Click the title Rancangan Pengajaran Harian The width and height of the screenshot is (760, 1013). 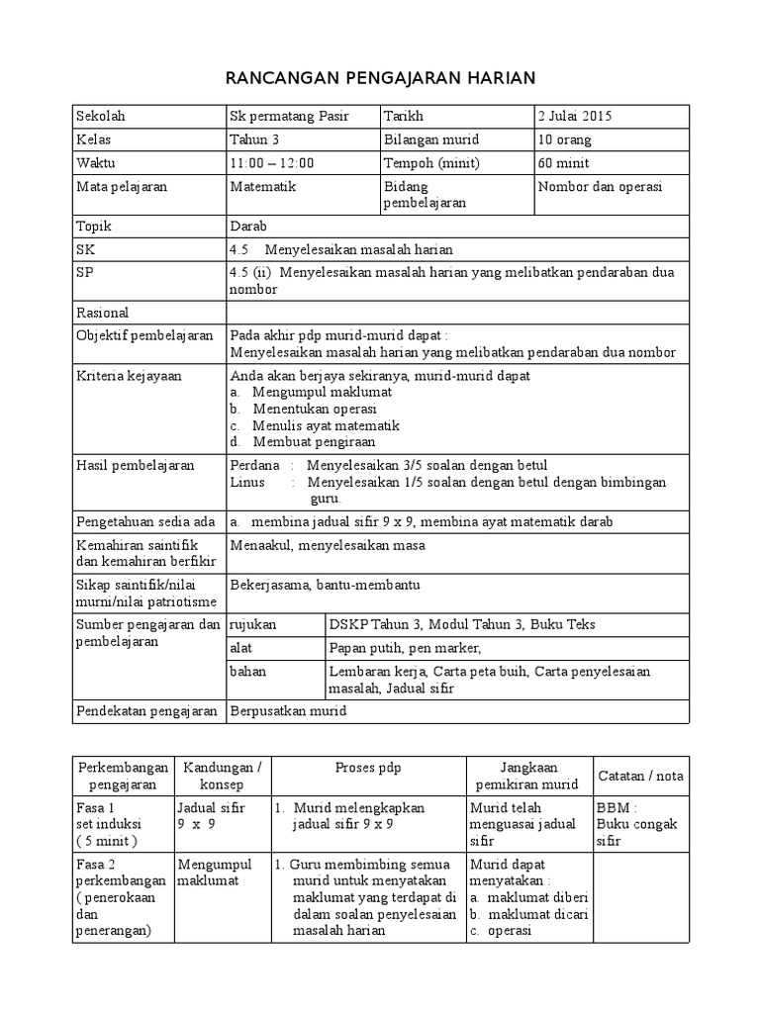coord(380,78)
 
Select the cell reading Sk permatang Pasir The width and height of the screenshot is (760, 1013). coord(288,116)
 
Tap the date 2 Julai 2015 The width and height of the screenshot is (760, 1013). coord(575,116)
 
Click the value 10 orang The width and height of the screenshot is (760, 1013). coord(564,139)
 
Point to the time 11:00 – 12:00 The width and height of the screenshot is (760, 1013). coord(271,163)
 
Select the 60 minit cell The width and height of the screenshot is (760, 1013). coord(563,163)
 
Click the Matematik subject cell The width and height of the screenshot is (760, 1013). coord(262,186)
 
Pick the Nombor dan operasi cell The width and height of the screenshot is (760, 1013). coord(600,186)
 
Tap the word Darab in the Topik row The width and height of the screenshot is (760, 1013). coord(248,226)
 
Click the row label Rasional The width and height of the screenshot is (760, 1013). coord(104,313)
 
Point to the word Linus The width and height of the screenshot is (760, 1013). coord(246,482)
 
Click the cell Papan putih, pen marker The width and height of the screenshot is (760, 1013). coord(405,648)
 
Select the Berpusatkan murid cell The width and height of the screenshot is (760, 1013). coord(288,710)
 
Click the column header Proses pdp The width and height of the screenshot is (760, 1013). coord(367,768)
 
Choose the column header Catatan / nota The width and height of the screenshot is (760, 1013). coord(640,775)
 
